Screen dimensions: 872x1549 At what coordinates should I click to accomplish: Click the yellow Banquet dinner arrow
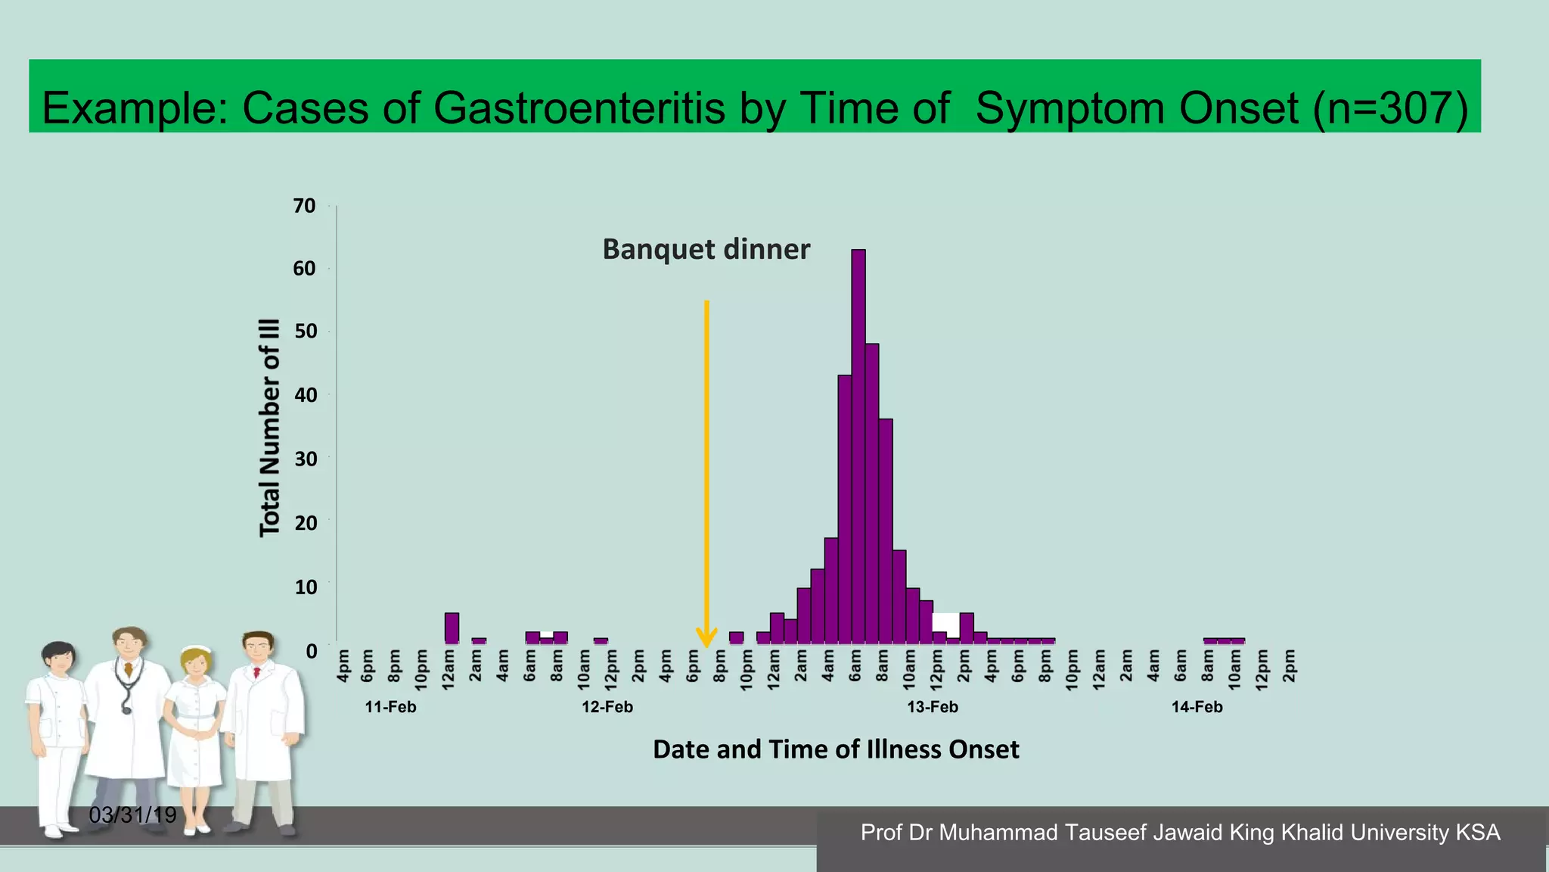(x=706, y=469)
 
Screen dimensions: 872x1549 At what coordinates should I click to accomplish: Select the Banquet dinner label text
(x=706, y=249)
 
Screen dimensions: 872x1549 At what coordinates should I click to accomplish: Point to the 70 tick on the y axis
(x=304, y=206)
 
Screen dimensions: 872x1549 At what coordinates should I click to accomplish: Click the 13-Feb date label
(x=933, y=707)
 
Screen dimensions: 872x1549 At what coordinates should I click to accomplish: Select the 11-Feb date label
(x=390, y=707)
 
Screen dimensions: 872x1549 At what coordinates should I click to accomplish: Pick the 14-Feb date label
(x=1197, y=707)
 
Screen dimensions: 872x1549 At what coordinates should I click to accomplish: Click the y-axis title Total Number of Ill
(x=270, y=428)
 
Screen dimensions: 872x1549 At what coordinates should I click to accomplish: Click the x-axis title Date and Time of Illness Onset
(x=836, y=749)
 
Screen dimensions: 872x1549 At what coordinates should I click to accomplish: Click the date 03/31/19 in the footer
(x=132, y=815)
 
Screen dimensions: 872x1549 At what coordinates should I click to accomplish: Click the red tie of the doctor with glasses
(x=257, y=671)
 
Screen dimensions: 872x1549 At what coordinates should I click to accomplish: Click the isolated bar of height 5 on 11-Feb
(x=452, y=628)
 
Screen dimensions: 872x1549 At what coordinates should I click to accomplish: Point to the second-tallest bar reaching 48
(x=872, y=492)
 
